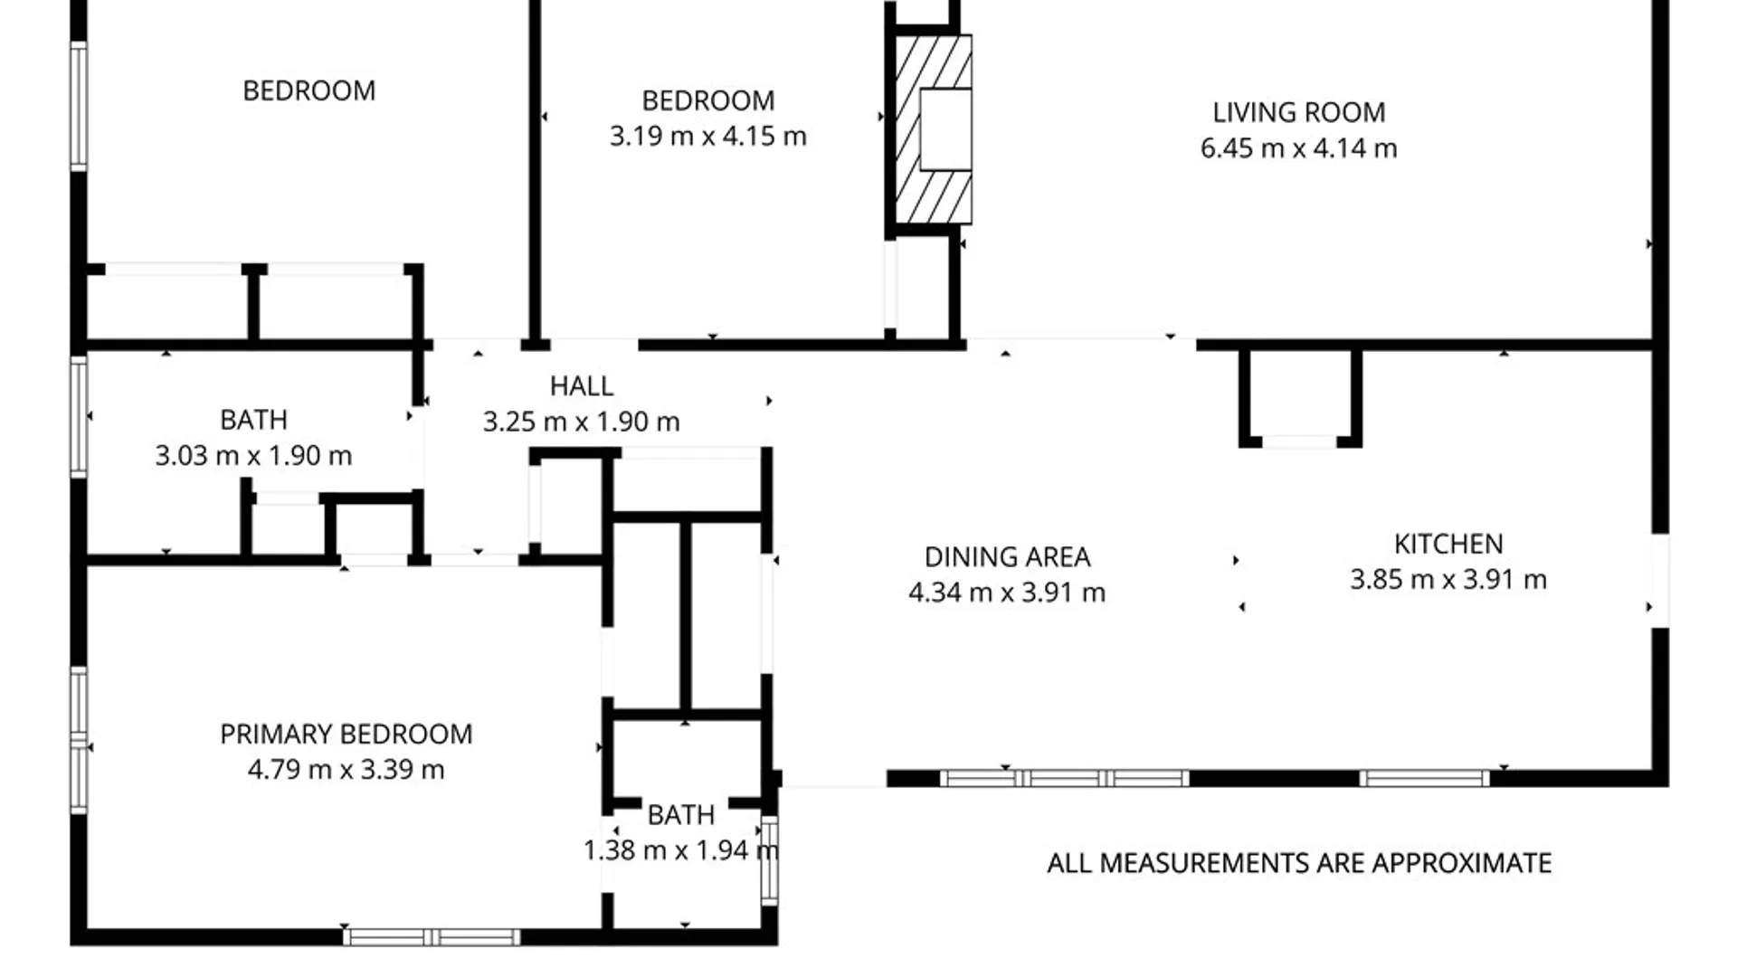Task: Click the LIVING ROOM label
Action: tap(1298, 112)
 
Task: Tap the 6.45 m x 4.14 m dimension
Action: tap(1298, 148)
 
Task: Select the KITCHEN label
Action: tap(1448, 544)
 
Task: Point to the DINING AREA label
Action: tap(1007, 556)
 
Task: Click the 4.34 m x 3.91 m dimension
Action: tap(1007, 593)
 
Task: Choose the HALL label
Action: tap(582, 386)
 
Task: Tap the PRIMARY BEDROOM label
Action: tap(346, 734)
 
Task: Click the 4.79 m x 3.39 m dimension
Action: tap(346, 770)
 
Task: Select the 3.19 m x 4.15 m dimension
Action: tap(707, 136)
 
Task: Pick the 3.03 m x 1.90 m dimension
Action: tap(253, 455)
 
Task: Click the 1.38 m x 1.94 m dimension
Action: tap(680, 850)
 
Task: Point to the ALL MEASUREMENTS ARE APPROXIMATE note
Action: tap(1299, 863)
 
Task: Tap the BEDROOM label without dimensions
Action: tap(308, 90)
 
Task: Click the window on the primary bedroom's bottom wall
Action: tap(432, 937)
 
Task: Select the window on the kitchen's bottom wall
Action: tap(1424, 778)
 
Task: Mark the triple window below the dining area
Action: tap(1064, 778)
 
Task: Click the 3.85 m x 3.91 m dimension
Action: tap(1448, 580)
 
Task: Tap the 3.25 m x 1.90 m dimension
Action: tap(582, 422)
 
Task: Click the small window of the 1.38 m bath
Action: tap(769, 861)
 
